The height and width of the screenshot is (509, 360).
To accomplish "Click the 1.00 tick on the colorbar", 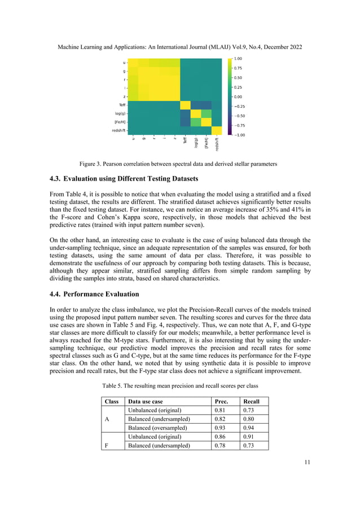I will (238, 58).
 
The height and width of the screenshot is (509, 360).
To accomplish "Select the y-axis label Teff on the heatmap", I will (122, 105).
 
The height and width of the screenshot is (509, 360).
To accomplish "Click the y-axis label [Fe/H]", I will (120, 122).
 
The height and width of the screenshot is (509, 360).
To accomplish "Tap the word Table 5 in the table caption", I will (115, 385).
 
